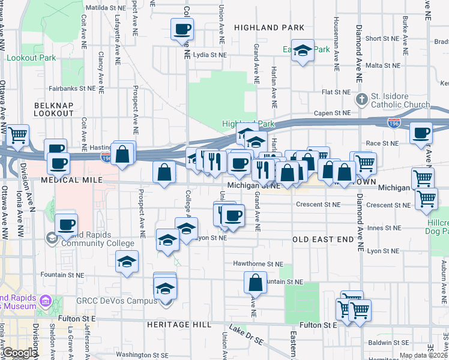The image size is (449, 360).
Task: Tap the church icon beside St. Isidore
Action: pos(362,98)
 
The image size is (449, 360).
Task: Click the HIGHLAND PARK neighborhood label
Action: pos(269,28)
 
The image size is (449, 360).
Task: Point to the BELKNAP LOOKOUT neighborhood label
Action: pos(53,108)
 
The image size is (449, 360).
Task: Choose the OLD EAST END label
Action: pos(323,239)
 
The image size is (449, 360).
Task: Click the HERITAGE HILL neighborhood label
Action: pos(178,324)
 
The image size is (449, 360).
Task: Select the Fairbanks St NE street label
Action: pos(72,88)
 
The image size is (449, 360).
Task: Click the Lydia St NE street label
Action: pos(210,55)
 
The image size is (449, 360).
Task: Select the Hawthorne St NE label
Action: pos(262,263)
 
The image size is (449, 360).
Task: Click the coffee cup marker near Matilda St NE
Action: pos(182,29)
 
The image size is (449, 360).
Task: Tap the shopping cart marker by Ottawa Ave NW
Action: pos(17,136)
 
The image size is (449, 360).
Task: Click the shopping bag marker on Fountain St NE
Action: pos(255,282)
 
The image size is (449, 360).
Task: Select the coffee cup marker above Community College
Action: pos(67,225)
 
